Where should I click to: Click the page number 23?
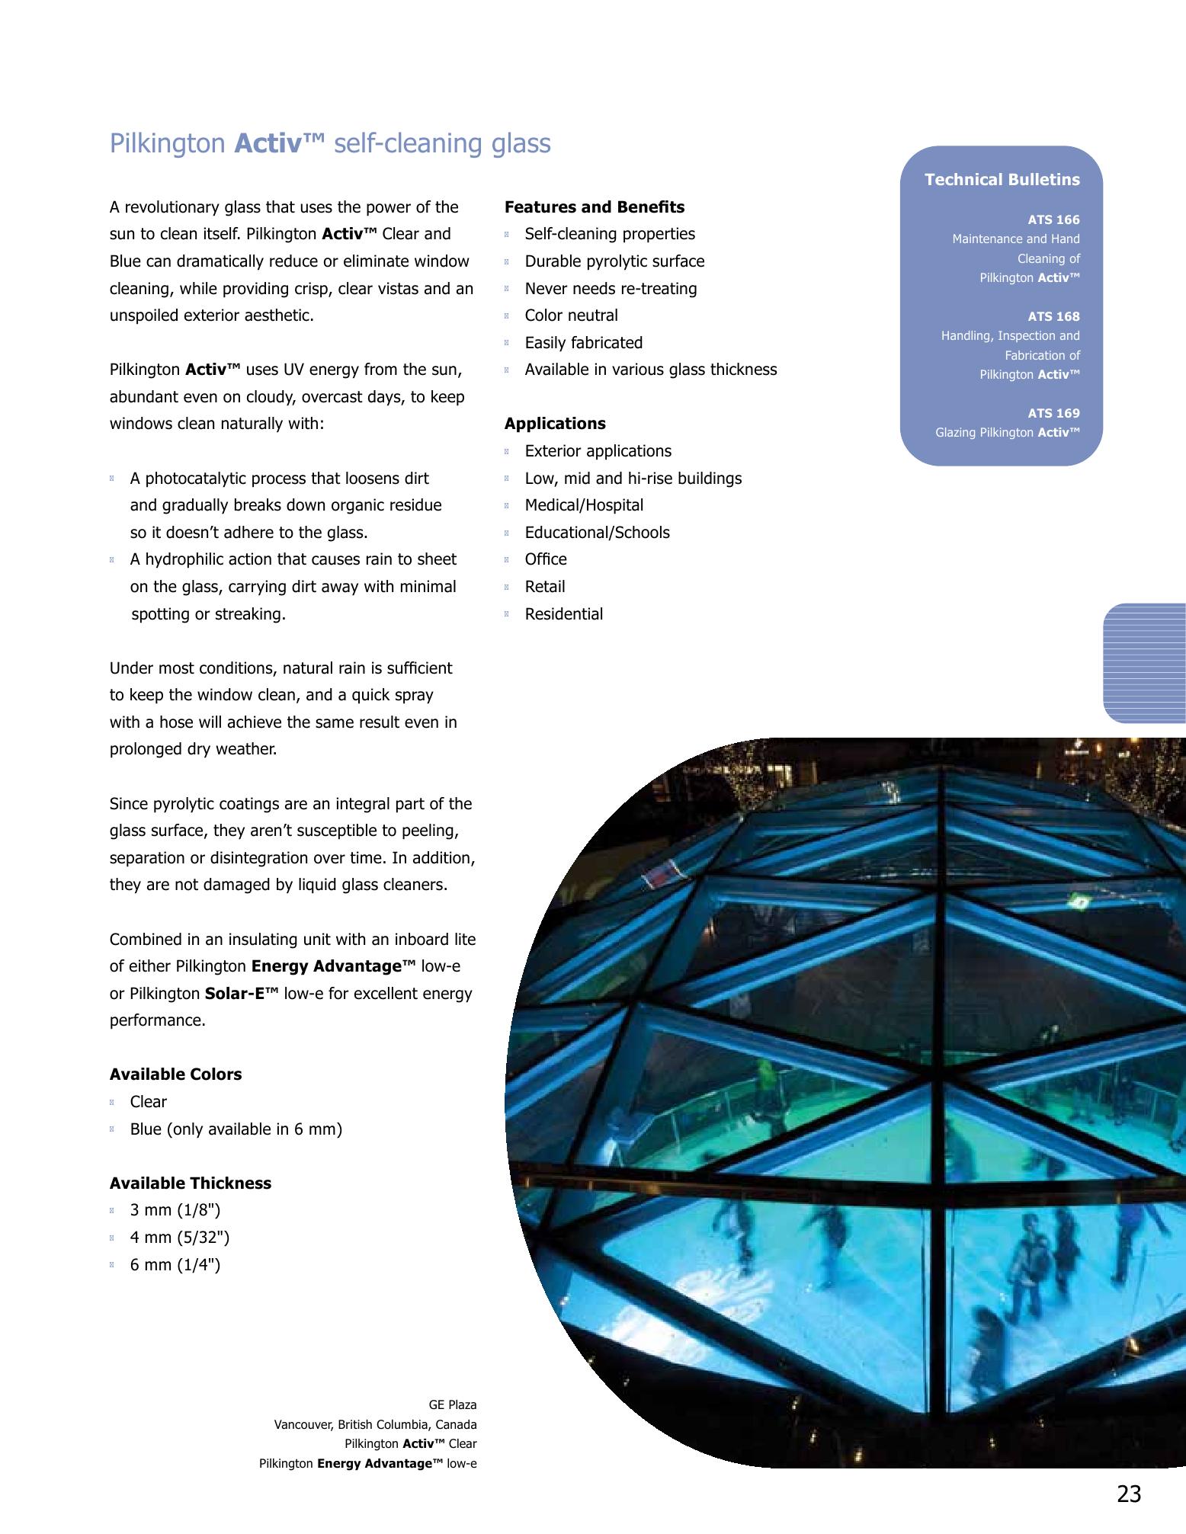click(1129, 1494)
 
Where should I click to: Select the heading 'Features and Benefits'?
click(595, 207)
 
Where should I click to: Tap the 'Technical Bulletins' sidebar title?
click(1002, 180)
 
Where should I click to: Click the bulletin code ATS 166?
click(1053, 220)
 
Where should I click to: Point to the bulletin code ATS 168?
click(1053, 317)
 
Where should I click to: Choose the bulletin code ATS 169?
click(1053, 414)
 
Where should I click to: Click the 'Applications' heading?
click(555, 424)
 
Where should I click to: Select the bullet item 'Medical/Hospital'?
click(584, 505)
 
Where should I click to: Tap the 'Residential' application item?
click(563, 614)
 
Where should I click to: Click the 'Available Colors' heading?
click(175, 1074)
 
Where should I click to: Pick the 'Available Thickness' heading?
click(191, 1183)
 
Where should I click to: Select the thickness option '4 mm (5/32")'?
click(180, 1238)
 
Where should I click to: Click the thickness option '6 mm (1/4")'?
click(175, 1265)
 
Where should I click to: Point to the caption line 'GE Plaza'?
click(453, 1404)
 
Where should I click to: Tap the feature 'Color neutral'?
click(571, 315)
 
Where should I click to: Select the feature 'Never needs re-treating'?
click(611, 289)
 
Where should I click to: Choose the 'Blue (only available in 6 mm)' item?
click(236, 1129)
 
